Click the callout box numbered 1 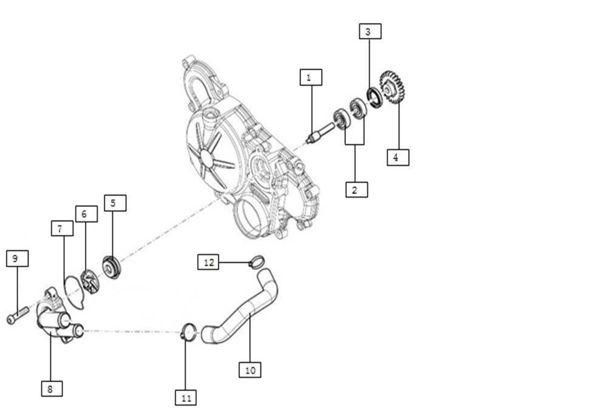(x=310, y=77)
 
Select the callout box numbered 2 (x=356, y=189)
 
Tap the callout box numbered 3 (x=370, y=32)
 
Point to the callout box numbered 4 (x=398, y=157)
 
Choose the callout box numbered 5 (x=115, y=203)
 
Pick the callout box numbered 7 (x=62, y=228)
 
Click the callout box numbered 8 (x=52, y=388)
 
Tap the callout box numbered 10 (x=249, y=369)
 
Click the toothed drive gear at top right (x=392, y=87)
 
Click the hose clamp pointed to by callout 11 (x=189, y=332)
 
